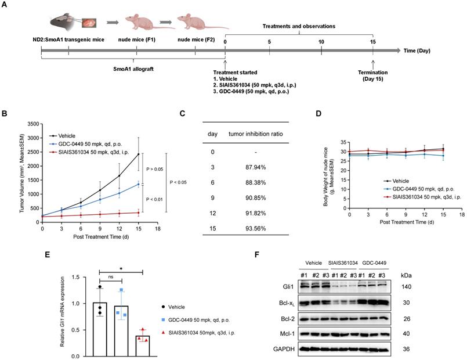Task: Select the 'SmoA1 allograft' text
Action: point(133,68)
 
